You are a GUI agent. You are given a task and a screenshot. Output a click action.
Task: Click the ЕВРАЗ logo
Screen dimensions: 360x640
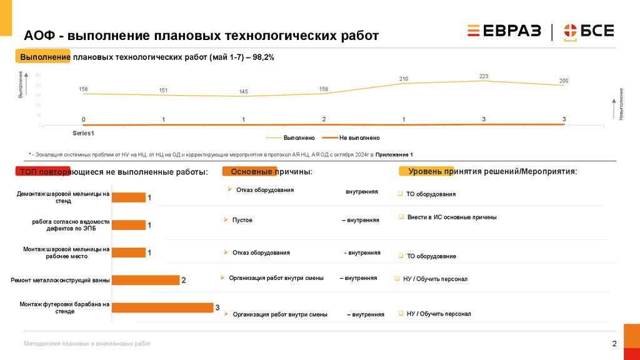(x=504, y=31)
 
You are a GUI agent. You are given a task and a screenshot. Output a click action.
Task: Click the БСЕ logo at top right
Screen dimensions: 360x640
(x=589, y=31)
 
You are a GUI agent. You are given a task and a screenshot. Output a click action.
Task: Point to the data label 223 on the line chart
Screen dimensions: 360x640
(x=484, y=76)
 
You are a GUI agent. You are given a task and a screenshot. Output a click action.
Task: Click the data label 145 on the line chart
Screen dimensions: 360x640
(x=243, y=92)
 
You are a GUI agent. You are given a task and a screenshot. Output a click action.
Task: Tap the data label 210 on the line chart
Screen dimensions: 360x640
(x=404, y=79)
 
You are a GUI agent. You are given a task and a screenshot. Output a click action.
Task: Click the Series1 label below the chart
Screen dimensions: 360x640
(x=83, y=133)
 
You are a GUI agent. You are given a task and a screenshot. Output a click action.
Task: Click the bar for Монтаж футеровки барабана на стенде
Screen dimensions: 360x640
(x=162, y=307)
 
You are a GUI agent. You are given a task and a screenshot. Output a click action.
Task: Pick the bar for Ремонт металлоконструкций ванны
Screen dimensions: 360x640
(x=145, y=280)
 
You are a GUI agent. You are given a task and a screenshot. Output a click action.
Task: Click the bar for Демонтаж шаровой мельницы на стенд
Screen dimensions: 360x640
(x=128, y=197)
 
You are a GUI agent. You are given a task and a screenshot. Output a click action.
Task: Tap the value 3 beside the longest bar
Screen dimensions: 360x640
(x=217, y=307)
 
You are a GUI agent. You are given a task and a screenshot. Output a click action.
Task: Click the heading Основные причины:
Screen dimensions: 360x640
(x=271, y=172)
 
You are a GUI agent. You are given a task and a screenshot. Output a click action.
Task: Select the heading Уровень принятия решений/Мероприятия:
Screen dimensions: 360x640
(x=492, y=171)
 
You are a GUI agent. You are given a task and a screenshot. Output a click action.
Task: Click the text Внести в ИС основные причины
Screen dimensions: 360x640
(x=452, y=217)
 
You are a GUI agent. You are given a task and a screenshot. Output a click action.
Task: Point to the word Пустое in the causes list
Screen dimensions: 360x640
(x=242, y=220)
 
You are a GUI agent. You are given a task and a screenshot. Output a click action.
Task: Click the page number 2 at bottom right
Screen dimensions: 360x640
(x=614, y=344)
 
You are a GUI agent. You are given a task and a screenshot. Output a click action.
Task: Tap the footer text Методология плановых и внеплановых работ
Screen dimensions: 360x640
(x=87, y=344)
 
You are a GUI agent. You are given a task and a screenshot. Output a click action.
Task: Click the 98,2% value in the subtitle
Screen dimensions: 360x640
(x=263, y=57)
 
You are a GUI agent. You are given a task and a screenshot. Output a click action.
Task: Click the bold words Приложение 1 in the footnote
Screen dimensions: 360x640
(x=394, y=154)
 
